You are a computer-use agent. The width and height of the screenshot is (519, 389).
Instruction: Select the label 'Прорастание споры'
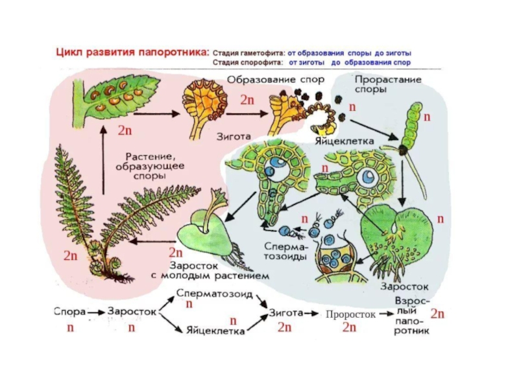387,84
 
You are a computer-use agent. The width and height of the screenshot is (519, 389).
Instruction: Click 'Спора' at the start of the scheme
69,312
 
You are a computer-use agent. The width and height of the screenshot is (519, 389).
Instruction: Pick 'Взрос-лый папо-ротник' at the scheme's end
411,316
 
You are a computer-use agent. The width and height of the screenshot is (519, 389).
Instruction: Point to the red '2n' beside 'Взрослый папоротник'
438,314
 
